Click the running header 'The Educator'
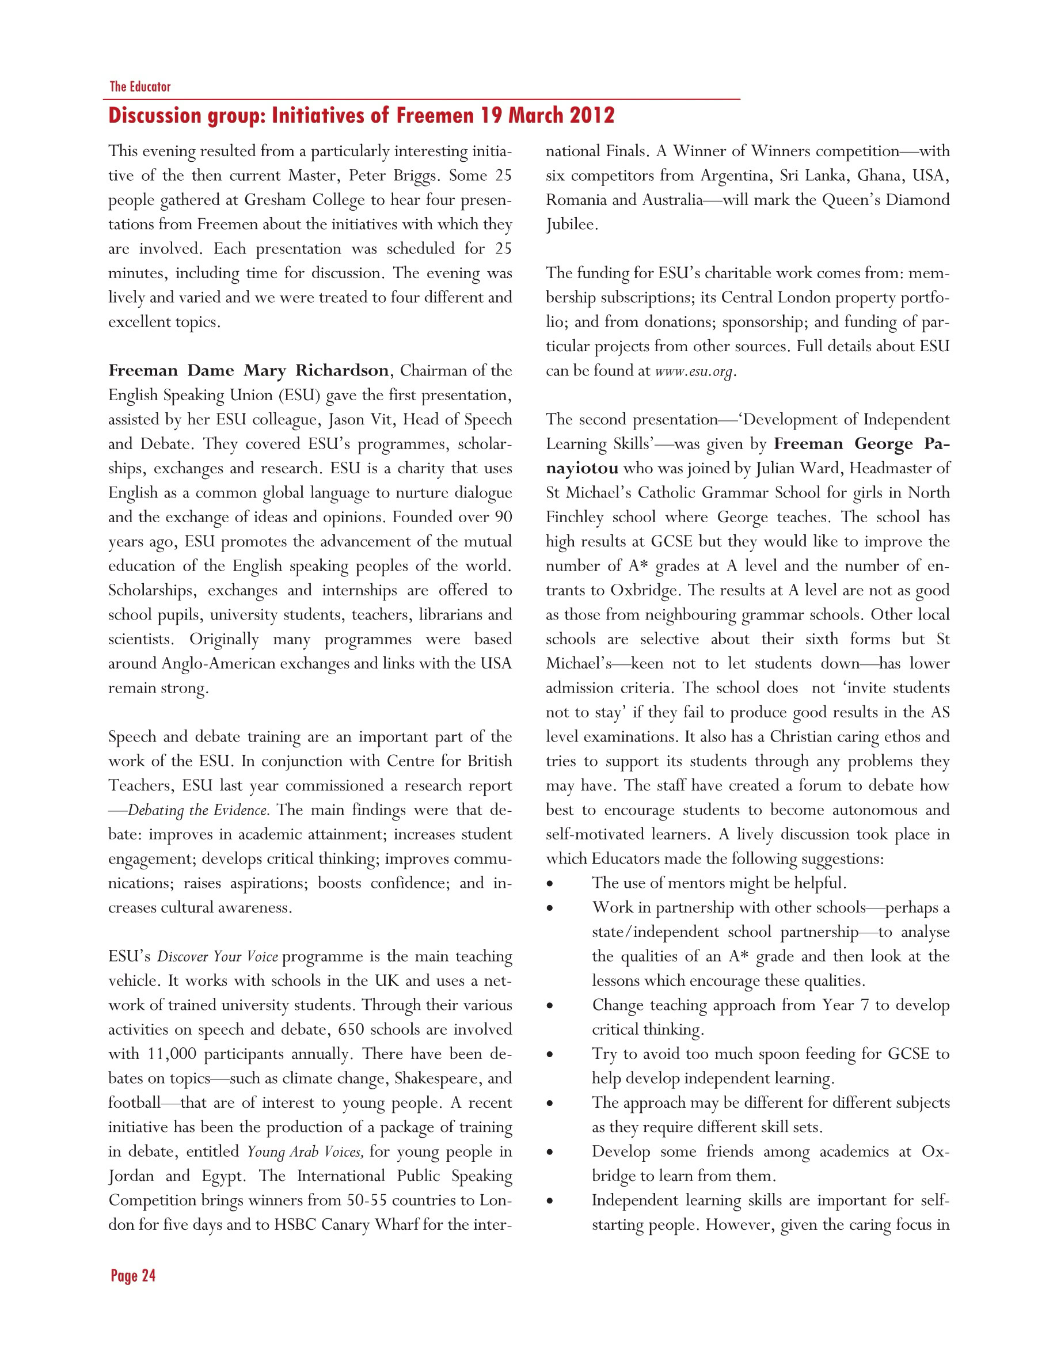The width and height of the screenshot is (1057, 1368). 140,86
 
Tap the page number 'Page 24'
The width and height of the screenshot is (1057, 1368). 133,1275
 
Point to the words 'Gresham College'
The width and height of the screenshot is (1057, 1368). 305,200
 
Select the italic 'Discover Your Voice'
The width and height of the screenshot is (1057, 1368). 216,957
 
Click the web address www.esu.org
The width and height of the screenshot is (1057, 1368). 693,371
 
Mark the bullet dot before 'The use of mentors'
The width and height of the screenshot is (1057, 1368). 550,884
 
